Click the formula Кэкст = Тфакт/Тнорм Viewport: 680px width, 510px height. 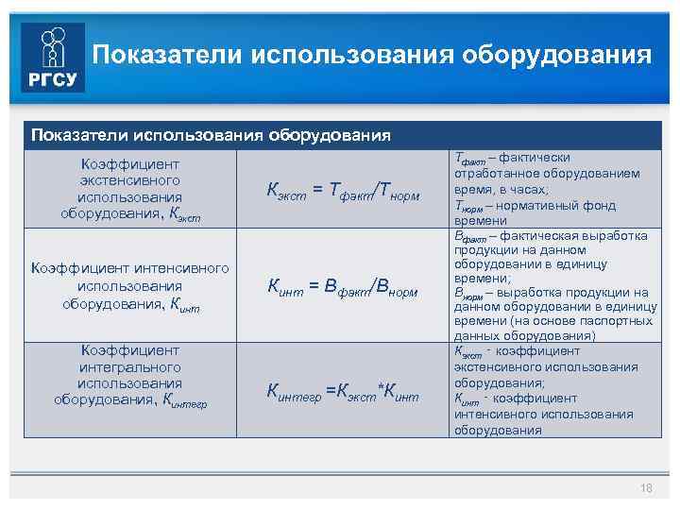[x=343, y=192]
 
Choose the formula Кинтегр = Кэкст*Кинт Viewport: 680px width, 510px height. [x=342, y=389]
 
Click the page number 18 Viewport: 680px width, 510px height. [x=646, y=488]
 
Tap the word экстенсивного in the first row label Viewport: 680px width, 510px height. [x=130, y=179]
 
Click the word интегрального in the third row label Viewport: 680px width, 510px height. [x=130, y=366]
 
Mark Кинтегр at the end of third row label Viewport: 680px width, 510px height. [x=185, y=400]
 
